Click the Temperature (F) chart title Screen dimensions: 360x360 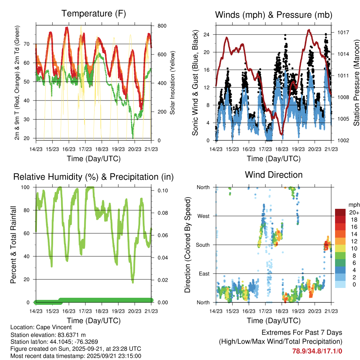tap(93, 14)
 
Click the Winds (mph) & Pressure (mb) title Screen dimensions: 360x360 tap(274, 15)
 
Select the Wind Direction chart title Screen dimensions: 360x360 tap(274, 175)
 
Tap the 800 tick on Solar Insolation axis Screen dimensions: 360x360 tap(157, 26)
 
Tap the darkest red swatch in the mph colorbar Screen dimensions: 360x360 tap(340, 212)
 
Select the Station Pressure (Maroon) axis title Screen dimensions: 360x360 tap(356, 82)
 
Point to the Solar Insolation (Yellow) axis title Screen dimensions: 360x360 tap(173, 83)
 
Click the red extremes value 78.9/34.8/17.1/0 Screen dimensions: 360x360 tap(317, 351)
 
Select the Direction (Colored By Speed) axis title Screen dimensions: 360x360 tap(187, 245)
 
